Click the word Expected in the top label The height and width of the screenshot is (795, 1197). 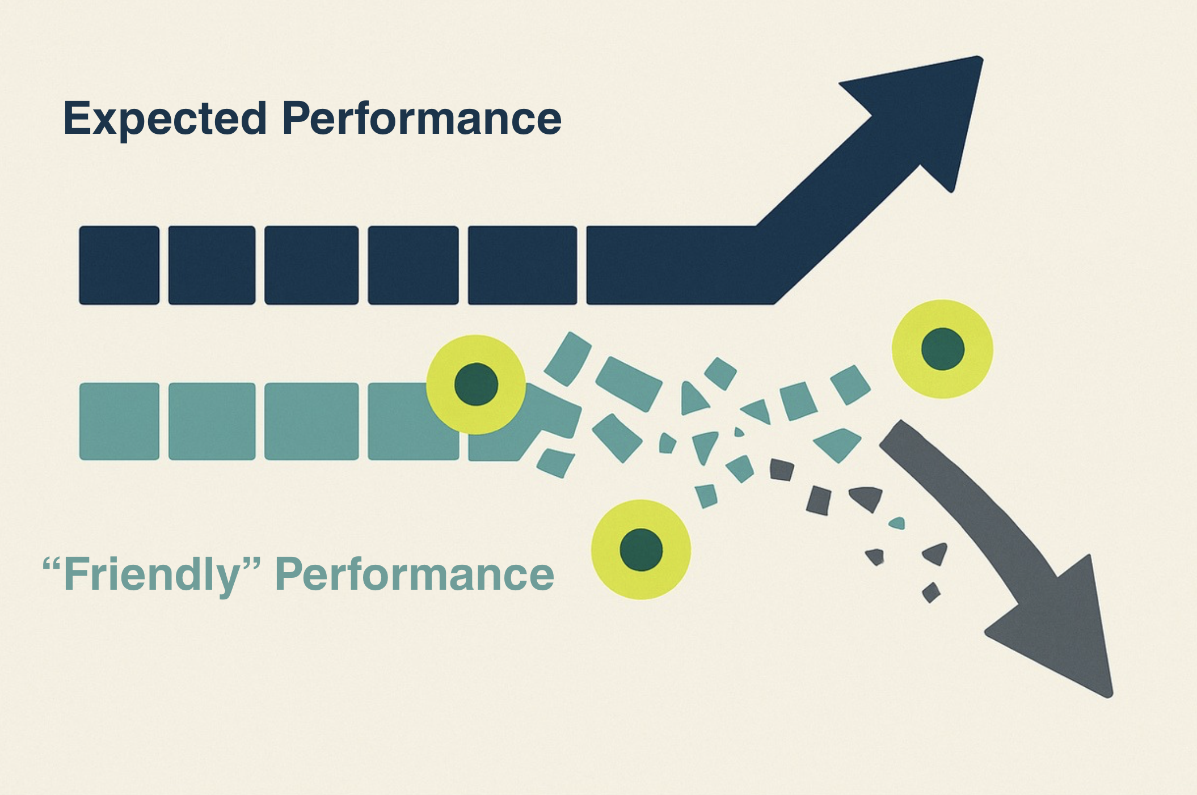pyautogui.click(x=165, y=119)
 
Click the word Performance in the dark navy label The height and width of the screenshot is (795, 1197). pyautogui.click(x=422, y=119)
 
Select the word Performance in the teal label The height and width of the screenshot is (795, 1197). pyautogui.click(x=414, y=574)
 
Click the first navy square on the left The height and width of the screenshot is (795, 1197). pyautogui.click(x=119, y=265)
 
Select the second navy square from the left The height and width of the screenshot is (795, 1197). pyautogui.click(x=212, y=265)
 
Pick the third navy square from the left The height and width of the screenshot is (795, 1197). pyautogui.click(x=311, y=265)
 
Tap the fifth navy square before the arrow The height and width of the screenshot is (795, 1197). pyautogui.click(x=522, y=265)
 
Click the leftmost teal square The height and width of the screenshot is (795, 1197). pyautogui.click(x=119, y=421)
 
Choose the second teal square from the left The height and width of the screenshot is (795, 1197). pyautogui.click(x=212, y=421)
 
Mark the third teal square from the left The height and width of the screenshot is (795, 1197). pyautogui.click(x=311, y=421)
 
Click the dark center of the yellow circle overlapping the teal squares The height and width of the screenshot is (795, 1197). pyautogui.click(x=476, y=384)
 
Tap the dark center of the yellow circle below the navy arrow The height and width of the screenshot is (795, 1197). pyautogui.click(x=942, y=349)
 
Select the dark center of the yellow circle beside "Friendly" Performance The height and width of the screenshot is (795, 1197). pyautogui.click(x=641, y=549)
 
